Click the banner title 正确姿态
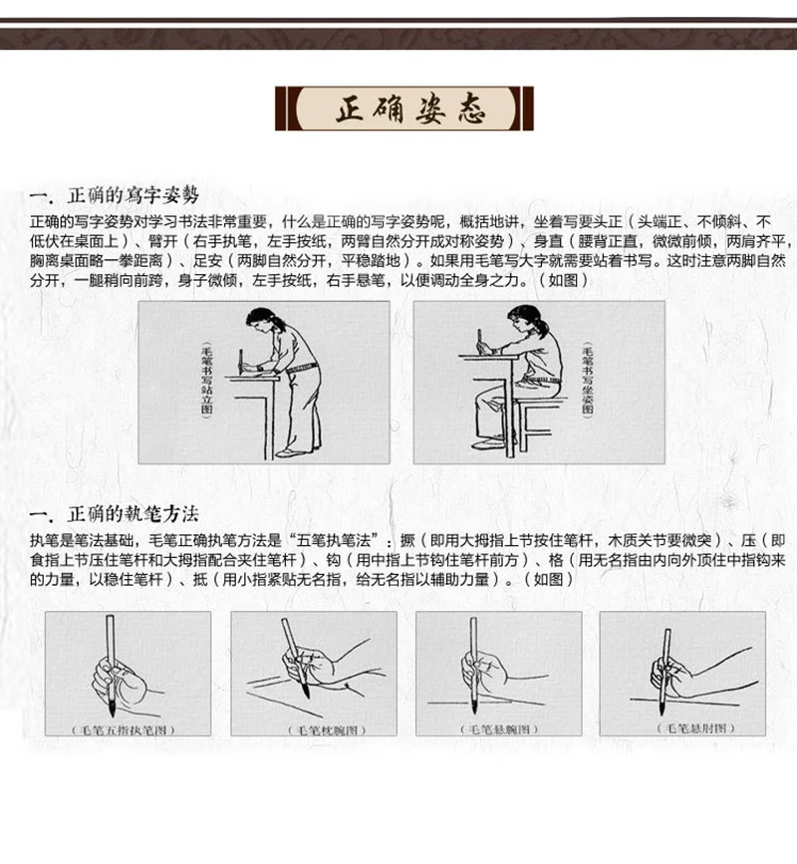click(x=410, y=109)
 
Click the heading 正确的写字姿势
click(x=133, y=195)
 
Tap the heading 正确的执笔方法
click(x=133, y=514)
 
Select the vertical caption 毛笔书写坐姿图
click(x=588, y=381)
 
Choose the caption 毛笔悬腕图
click(x=499, y=729)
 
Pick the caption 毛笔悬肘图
click(x=695, y=727)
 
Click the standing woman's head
click(x=261, y=321)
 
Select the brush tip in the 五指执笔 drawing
click(x=112, y=707)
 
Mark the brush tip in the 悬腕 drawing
click(x=473, y=705)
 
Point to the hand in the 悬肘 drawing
click(x=669, y=675)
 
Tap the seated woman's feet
click(x=494, y=441)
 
